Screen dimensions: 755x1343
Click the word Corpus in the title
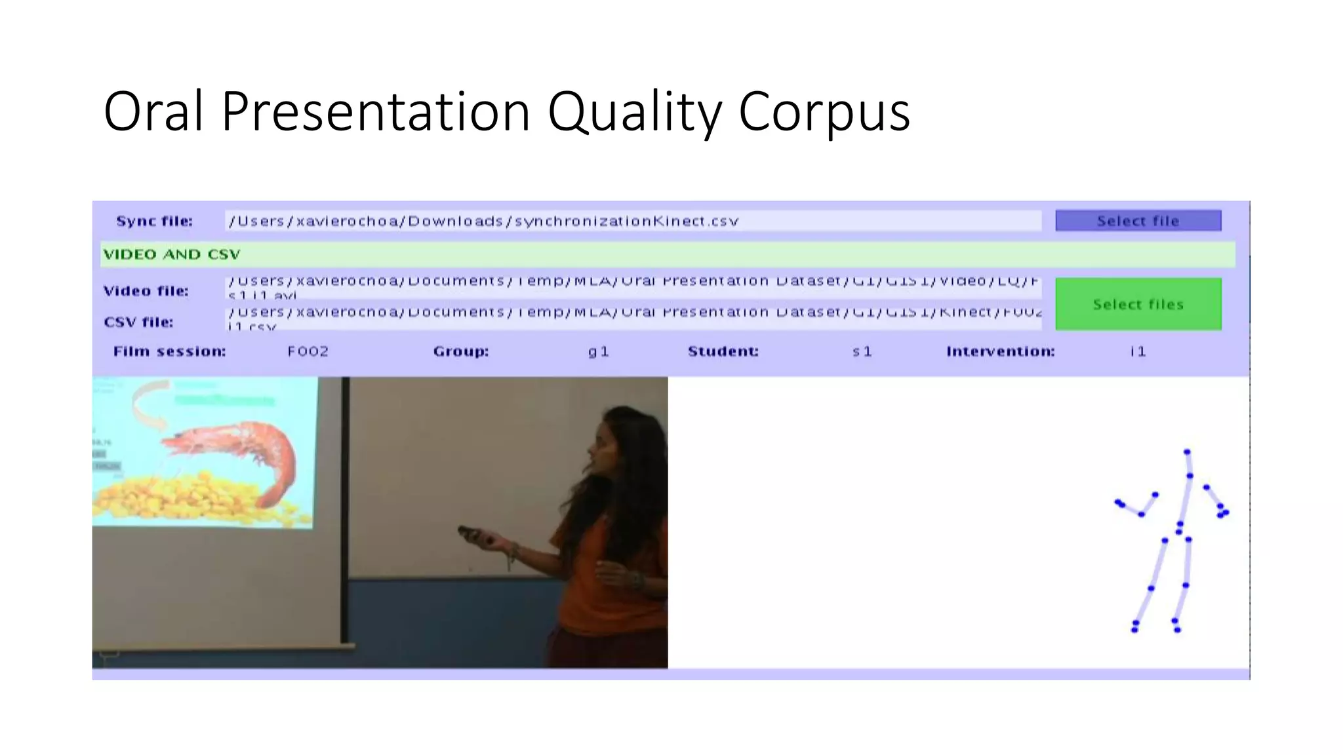coord(824,111)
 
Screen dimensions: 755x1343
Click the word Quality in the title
coord(634,111)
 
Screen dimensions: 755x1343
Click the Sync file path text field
coord(632,221)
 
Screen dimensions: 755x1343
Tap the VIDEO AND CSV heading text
coord(172,254)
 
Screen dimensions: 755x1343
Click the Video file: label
coord(146,291)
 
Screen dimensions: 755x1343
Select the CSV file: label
coord(138,322)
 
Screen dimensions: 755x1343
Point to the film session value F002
coord(308,351)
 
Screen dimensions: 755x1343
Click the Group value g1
coord(598,351)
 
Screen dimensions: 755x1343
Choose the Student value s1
coord(862,351)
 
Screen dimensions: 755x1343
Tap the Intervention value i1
coord(1138,351)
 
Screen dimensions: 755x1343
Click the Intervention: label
coord(1000,351)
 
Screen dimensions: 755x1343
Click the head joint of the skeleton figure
coord(1186,452)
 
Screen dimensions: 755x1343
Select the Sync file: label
coord(154,221)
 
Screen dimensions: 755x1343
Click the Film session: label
coord(169,351)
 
